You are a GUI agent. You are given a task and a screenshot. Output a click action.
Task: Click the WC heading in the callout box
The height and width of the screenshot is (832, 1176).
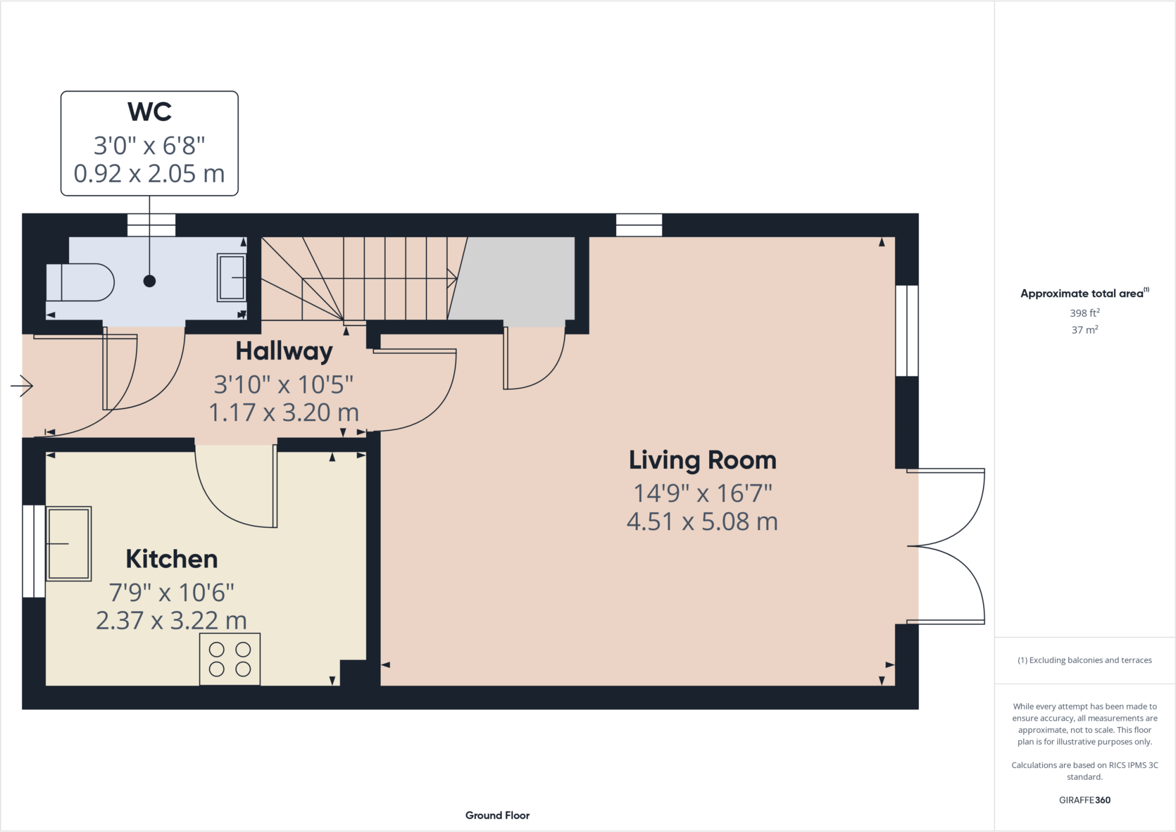click(149, 112)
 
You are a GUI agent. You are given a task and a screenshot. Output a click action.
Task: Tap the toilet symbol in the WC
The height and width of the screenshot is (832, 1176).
click(80, 282)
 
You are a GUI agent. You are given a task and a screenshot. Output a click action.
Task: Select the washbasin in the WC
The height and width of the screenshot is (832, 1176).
click(231, 278)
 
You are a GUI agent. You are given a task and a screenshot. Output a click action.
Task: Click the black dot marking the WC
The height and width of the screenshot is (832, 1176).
click(149, 281)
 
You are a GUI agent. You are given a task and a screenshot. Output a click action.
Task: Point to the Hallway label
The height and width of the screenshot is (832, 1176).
click(284, 351)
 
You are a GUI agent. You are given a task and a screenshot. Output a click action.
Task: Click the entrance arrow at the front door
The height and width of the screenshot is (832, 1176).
click(22, 386)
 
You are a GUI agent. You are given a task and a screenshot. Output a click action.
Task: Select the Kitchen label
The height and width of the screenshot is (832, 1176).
click(172, 559)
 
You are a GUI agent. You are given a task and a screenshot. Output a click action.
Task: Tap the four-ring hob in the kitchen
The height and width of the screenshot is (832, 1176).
click(230, 659)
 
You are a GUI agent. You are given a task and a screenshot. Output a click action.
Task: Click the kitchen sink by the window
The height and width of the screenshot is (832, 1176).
click(68, 544)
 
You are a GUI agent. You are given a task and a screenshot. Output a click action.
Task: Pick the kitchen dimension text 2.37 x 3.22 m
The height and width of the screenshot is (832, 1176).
click(171, 621)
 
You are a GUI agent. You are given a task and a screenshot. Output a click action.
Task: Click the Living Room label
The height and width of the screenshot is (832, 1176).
click(702, 460)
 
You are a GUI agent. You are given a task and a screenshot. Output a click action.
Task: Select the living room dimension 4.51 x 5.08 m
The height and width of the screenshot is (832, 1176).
click(702, 522)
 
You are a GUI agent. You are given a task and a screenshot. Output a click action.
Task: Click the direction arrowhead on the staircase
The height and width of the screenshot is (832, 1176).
click(452, 279)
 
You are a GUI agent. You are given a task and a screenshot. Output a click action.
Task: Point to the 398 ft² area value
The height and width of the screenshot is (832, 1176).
click(1084, 313)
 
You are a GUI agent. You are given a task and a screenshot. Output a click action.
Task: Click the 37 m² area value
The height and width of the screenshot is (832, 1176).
click(1084, 330)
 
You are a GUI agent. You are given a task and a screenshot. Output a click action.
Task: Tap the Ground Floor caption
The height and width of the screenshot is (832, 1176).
click(497, 815)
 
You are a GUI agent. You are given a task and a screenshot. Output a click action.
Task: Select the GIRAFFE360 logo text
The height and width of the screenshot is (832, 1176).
click(1084, 800)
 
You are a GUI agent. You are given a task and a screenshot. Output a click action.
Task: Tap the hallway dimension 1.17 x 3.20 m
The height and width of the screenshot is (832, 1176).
click(284, 413)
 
